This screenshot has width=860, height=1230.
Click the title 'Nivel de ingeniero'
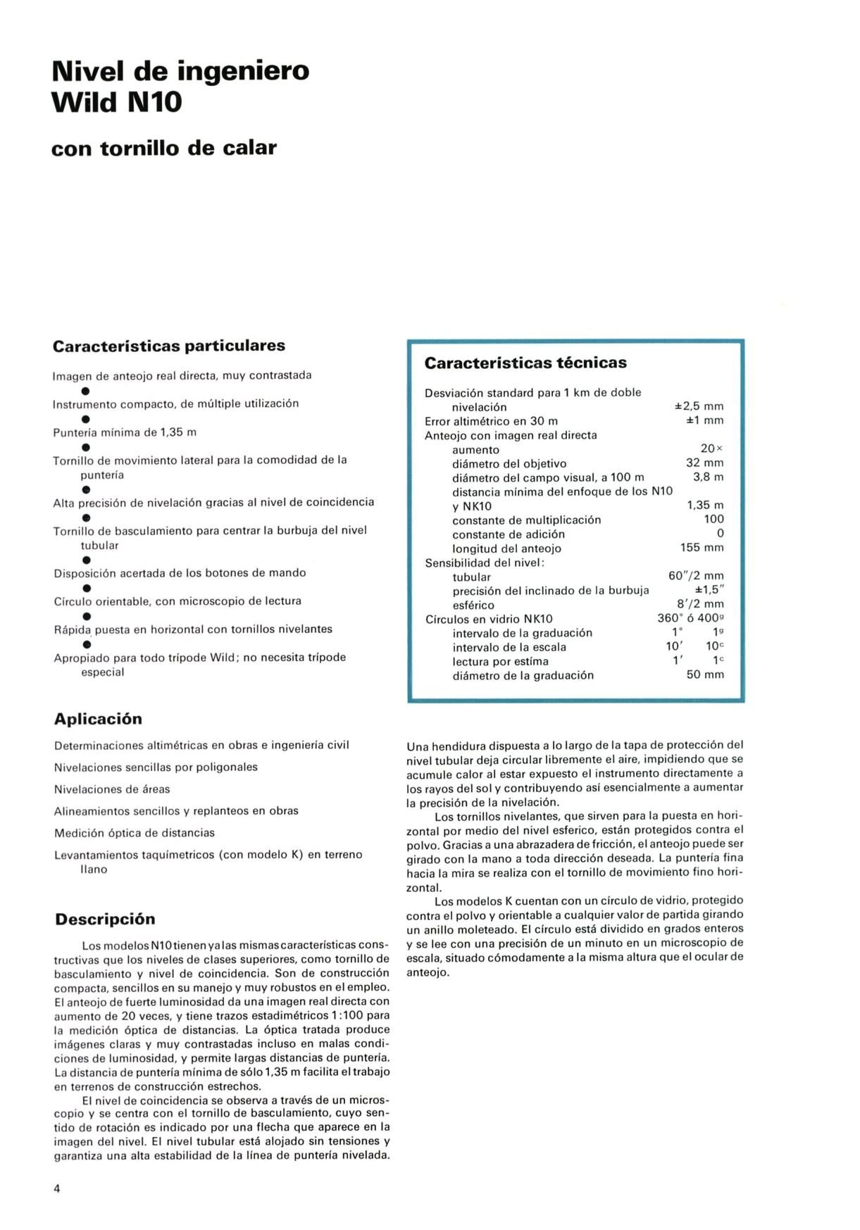click(180, 71)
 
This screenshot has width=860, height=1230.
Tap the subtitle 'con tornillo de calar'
click(164, 148)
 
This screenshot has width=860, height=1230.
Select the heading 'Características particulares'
click(169, 346)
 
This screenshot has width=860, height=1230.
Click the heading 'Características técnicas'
click(525, 363)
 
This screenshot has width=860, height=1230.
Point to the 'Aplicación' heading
click(98, 719)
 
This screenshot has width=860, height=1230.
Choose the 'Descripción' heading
click(105, 919)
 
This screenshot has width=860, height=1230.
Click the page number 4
click(57, 1189)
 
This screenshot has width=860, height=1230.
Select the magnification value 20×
click(711, 448)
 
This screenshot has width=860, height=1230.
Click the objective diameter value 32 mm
click(704, 463)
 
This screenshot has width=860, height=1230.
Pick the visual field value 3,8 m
click(708, 477)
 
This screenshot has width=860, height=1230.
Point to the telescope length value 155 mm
click(702, 547)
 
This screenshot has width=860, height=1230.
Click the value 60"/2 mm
click(696, 575)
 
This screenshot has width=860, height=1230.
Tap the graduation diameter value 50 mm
click(705, 674)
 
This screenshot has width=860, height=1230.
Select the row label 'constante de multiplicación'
click(526, 520)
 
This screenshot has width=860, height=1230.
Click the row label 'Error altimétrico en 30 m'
click(491, 421)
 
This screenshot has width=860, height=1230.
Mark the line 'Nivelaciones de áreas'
click(112, 789)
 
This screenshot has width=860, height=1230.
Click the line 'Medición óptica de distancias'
click(135, 833)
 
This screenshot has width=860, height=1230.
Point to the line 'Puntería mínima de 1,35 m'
click(125, 432)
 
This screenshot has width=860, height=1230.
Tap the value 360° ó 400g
click(690, 618)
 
